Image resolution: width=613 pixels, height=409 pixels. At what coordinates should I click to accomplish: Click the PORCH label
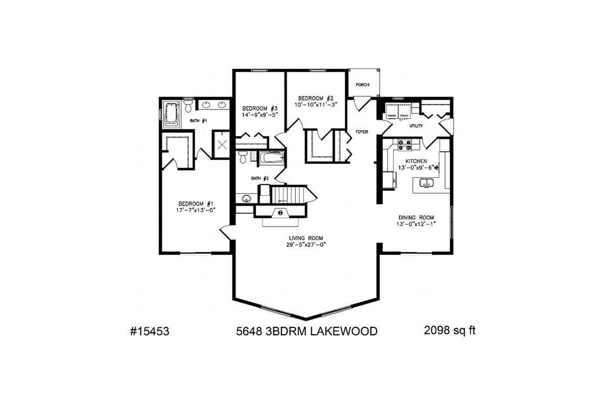(362, 85)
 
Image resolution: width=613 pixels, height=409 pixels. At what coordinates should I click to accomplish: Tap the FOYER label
(362, 132)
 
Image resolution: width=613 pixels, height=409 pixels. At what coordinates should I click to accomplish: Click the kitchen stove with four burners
(405, 145)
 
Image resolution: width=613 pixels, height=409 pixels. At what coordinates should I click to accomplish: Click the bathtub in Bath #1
(170, 112)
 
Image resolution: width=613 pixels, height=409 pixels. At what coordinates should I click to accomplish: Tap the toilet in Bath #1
(188, 106)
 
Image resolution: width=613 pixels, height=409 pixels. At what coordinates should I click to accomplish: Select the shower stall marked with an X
(222, 145)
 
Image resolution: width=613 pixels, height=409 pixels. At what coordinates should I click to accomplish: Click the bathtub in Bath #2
(271, 158)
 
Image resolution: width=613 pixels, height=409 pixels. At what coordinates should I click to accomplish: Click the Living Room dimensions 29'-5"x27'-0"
(306, 244)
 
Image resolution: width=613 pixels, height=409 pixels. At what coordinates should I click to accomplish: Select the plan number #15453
(149, 332)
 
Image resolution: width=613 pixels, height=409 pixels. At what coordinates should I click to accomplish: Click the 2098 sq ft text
(450, 331)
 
